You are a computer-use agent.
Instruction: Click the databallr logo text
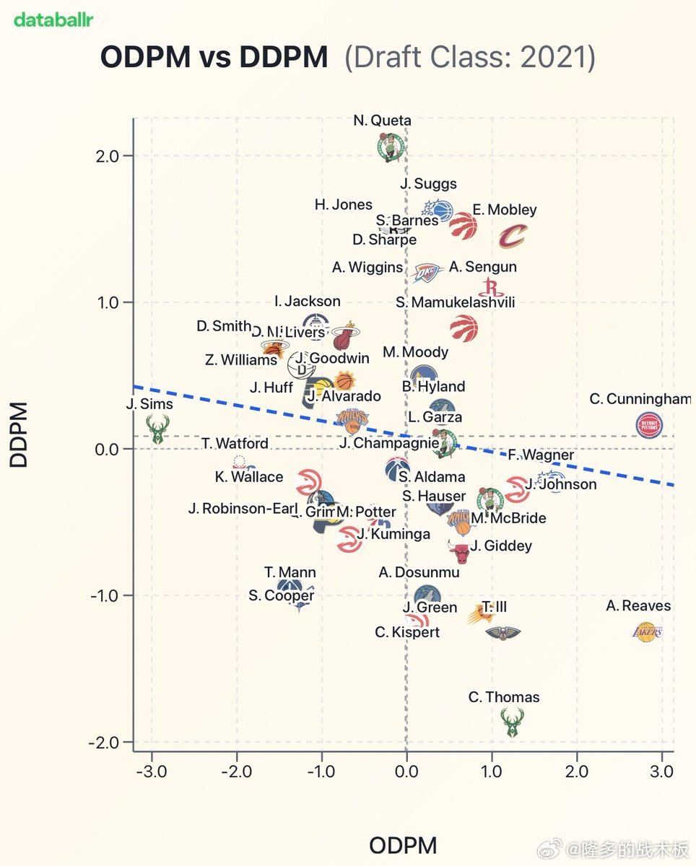coord(53,19)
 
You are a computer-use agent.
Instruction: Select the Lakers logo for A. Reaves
coord(647,632)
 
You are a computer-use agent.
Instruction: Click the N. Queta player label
coord(382,121)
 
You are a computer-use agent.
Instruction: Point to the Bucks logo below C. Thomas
coord(512,722)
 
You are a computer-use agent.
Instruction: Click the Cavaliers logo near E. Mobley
coord(513,236)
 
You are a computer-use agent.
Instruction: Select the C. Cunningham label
coord(640,399)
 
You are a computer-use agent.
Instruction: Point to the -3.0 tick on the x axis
coord(151,771)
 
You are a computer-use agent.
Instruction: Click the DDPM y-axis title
coord(19,434)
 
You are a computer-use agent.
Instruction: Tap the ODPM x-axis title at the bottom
coord(403,845)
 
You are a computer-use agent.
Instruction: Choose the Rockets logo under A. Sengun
coord(490,287)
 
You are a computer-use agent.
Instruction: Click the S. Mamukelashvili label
coord(455,302)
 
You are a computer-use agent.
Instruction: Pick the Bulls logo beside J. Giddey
coord(459,553)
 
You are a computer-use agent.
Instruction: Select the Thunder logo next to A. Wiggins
coord(426,272)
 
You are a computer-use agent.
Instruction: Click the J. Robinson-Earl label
coord(242,508)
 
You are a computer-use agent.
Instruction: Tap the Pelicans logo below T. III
coord(503,633)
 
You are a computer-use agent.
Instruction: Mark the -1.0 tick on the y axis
coord(108,595)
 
